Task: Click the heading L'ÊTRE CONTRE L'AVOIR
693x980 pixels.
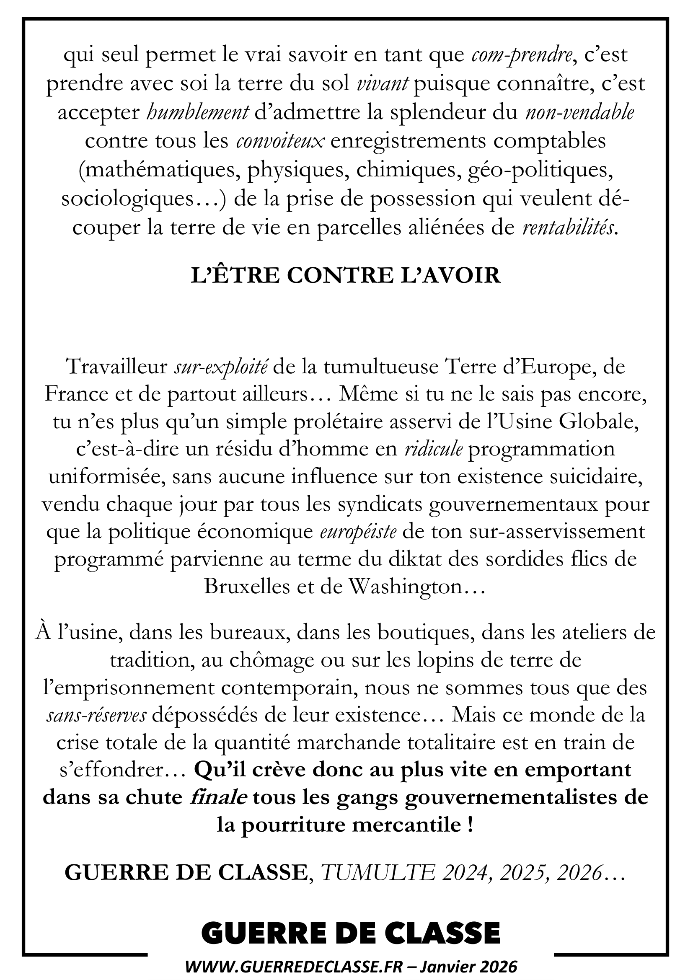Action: coord(346,276)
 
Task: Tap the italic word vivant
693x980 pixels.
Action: coord(383,85)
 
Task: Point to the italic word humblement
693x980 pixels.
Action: coord(198,113)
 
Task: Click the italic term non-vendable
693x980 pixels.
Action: coord(579,113)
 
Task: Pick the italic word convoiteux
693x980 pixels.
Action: coord(280,142)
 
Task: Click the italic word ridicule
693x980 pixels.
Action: coord(434,450)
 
